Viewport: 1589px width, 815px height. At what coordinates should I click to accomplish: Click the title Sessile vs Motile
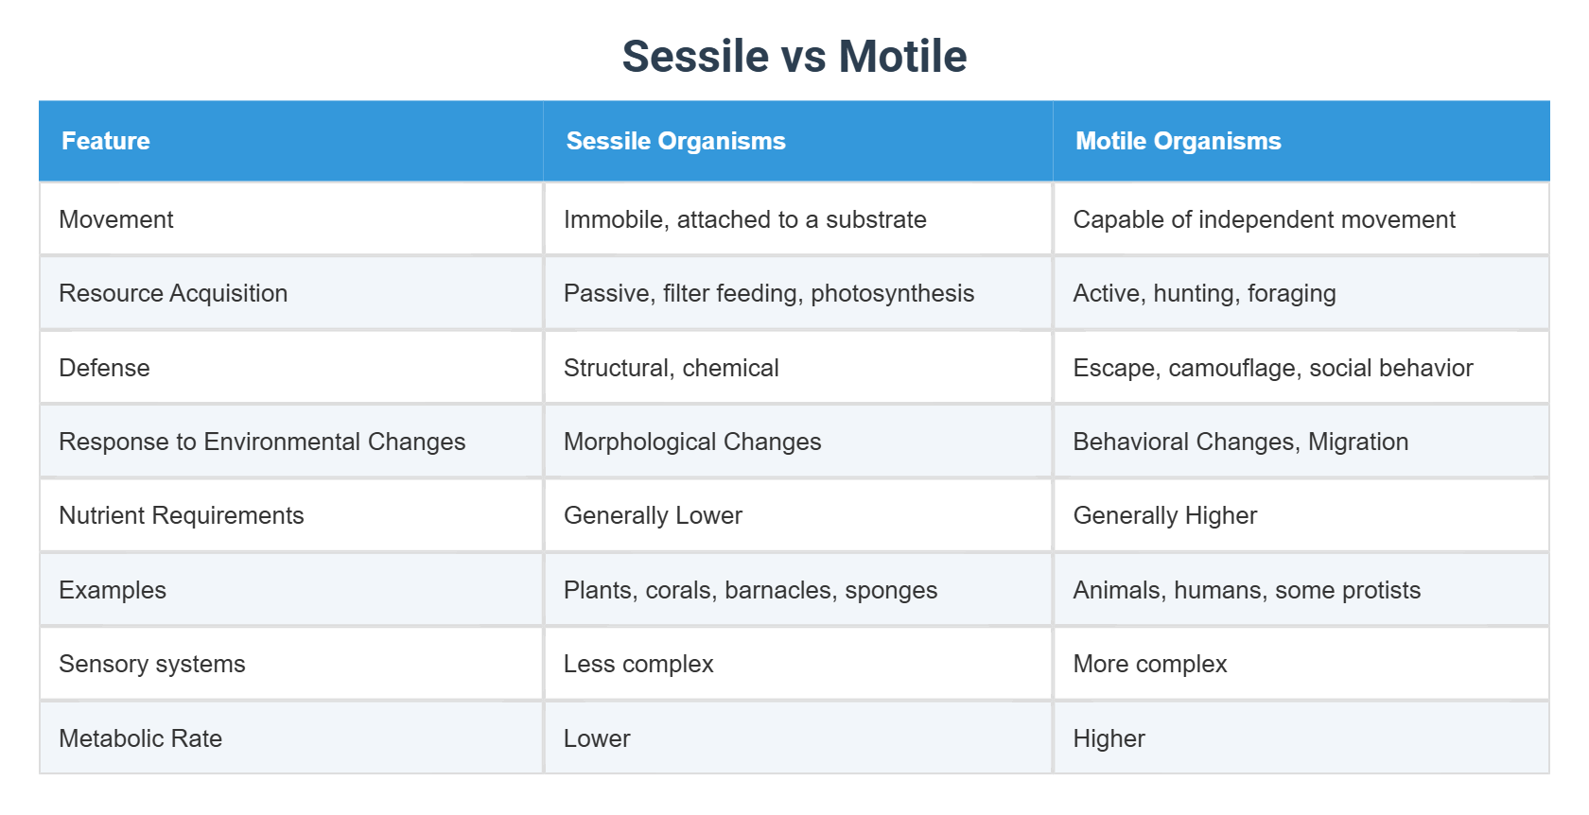[x=794, y=57]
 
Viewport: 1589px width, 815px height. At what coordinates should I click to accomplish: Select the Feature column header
[x=105, y=141]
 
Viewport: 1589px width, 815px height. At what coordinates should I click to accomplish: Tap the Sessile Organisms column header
[x=675, y=141]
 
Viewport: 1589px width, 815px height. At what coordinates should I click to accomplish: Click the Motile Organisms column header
[x=1178, y=141]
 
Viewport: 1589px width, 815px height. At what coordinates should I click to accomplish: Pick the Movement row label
[x=116, y=219]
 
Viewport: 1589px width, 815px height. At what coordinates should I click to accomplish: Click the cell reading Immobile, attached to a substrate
[x=744, y=219]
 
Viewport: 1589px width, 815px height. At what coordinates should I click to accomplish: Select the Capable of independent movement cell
[x=1264, y=219]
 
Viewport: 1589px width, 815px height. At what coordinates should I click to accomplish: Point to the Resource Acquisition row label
[x=173, y=293]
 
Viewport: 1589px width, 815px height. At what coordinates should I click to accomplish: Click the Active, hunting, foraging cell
[x=1204, y=293]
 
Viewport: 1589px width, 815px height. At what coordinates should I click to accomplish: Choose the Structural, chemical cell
[x=671, y=368]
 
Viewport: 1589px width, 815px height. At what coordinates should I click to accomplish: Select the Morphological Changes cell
[x=691, y=442]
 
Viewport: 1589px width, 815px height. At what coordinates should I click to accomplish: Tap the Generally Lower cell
[x=653, y=515]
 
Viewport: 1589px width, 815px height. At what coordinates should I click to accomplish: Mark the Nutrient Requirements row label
[x=182, y=515]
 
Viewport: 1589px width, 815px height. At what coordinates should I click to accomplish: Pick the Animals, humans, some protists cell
[x=1246, y=590]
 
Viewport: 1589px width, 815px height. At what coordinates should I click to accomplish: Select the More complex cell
[x=1149, y=664]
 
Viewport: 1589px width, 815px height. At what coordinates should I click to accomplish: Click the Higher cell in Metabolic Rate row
[x=1109, y=738]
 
